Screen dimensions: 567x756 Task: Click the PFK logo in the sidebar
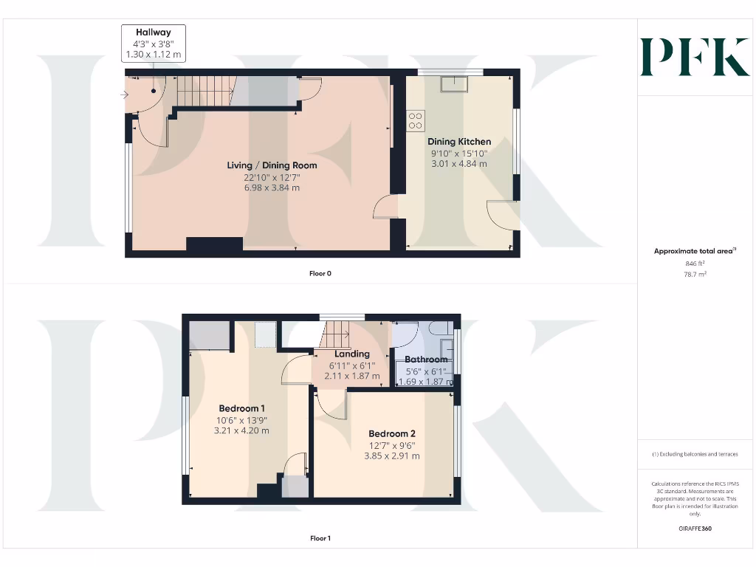(x=694, y=58)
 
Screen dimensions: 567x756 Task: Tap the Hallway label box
(x=153, y=43)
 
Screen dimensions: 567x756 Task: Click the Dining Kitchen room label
(x=459, y=142)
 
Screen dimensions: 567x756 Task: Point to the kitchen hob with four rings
(x=415, y=120)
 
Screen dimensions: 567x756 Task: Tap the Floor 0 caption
(x=320, y=273)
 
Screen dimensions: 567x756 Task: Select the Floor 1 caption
(x=320, y=538)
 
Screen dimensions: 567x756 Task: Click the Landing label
(x=351, y=354)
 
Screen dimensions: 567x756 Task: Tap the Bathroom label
(x=426, y=360)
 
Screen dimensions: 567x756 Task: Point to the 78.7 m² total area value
(x=695, y=274)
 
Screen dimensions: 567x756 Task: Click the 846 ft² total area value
(x=695, y=263)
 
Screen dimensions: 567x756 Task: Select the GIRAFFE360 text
(x=695, y=529)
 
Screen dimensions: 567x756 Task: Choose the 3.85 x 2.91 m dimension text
(x=392, y=456)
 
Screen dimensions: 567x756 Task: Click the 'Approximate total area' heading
(x=694, y=252)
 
